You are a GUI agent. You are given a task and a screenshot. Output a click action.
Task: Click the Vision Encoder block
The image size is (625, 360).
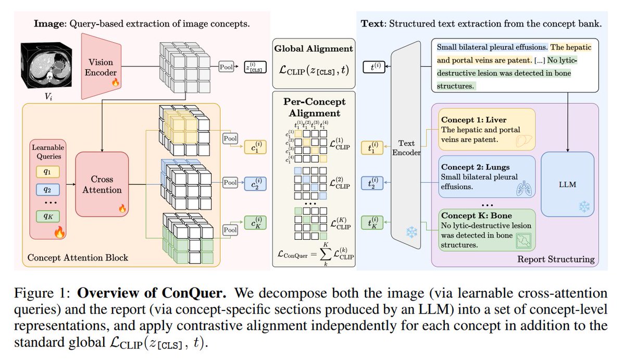[x=101, y=66]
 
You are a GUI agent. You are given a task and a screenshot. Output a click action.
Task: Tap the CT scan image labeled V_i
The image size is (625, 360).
[x=46, y=65]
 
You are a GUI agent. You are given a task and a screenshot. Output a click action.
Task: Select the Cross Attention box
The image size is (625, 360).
[x=102, y=184]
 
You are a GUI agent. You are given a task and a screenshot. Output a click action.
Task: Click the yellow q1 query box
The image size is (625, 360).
[x=48, y=171]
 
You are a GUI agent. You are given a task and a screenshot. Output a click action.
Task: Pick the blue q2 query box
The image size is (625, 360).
[x=48, y=190]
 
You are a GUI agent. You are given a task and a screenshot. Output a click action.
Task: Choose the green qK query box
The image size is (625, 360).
[x=48, y=216]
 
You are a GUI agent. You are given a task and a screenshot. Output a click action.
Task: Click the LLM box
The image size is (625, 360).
[x=568, y=184]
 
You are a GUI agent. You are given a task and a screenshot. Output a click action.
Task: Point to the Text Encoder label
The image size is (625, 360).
[x=406, y=147]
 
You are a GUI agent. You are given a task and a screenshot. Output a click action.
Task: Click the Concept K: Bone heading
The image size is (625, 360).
[x=477, y=216]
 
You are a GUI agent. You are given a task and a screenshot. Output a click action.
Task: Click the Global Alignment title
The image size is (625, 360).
[x=314, y=48]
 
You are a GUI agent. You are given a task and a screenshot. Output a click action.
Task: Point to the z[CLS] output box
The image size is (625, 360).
[x=255, y=67]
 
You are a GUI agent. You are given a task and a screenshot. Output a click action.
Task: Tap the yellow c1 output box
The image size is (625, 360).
[x=255, y=147]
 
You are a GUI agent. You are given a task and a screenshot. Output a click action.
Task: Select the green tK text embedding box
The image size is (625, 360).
[x=372, y=222]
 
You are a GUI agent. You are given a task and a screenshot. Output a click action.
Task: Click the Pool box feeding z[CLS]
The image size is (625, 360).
[x=226, y=67]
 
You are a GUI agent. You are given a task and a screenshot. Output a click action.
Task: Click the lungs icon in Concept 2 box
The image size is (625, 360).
[x=524, y=188]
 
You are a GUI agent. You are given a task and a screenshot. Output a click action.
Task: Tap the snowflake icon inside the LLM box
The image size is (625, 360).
[x=584, y=207]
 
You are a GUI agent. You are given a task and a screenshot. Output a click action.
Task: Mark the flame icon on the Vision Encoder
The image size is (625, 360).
[x=115, y=82]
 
